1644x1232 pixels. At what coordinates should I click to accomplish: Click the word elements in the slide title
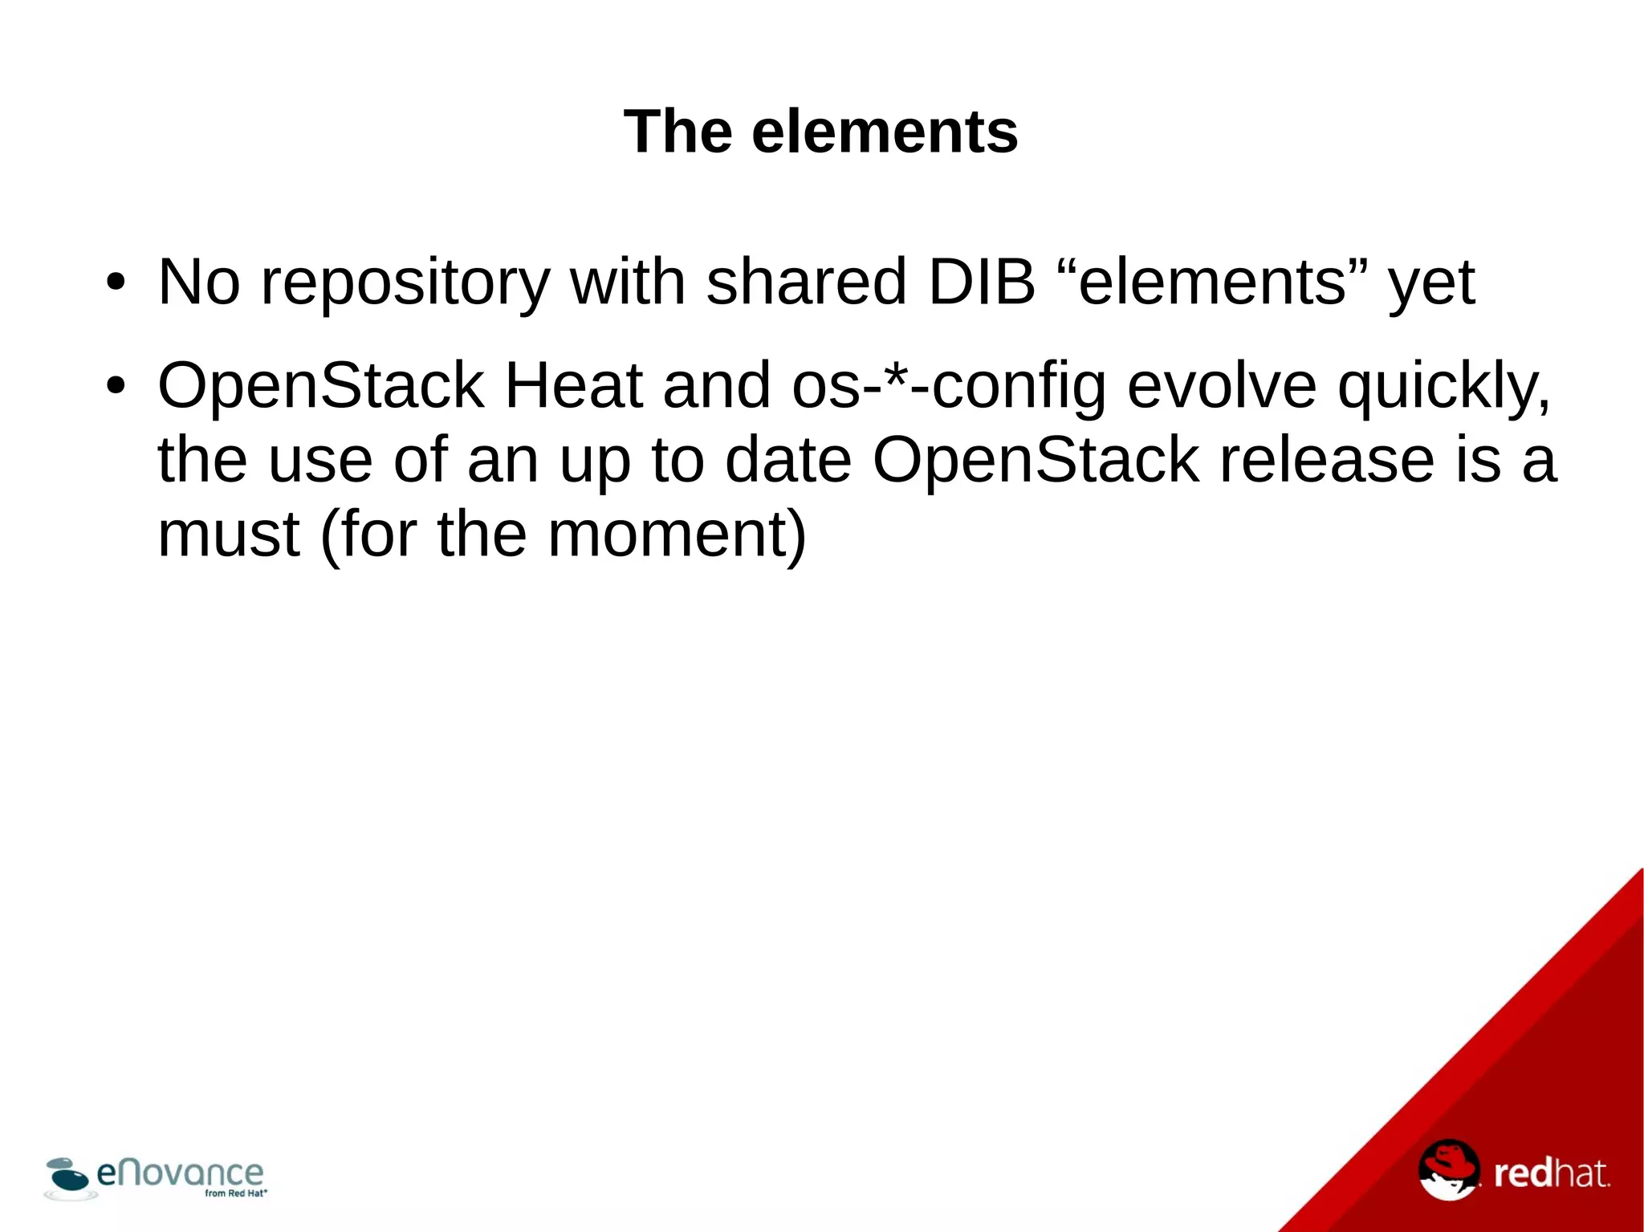885,132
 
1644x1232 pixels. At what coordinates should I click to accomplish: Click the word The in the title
678,132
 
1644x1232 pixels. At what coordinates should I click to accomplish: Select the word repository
405,283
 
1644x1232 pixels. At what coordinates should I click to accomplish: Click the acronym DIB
981,283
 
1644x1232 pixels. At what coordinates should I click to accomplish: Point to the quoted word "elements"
1212,283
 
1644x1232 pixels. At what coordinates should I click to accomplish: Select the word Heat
573,386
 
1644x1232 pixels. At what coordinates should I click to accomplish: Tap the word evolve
1221,386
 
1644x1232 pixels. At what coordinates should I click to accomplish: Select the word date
787,460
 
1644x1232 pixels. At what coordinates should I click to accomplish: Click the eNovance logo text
180,1173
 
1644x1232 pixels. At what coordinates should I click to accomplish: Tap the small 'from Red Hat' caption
235,1193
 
